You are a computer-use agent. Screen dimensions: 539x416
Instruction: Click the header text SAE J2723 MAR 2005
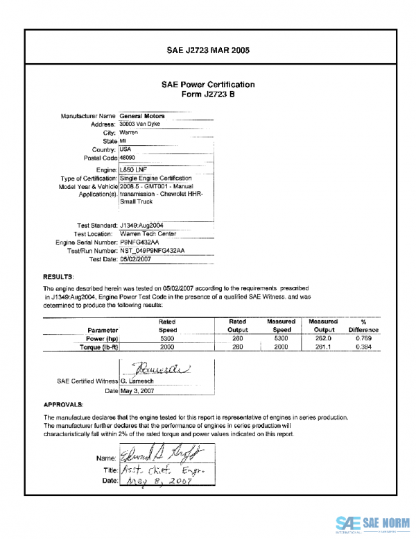coord(208,50)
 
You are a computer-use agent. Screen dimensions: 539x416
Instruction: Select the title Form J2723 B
coord(208,94)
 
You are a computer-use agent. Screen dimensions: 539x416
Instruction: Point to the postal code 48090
coord(128,158)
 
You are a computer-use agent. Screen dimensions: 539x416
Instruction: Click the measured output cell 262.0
coord(323,338)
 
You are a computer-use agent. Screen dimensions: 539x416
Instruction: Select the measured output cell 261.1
coord(323,346)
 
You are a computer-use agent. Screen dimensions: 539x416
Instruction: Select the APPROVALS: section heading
coord(64,404)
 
